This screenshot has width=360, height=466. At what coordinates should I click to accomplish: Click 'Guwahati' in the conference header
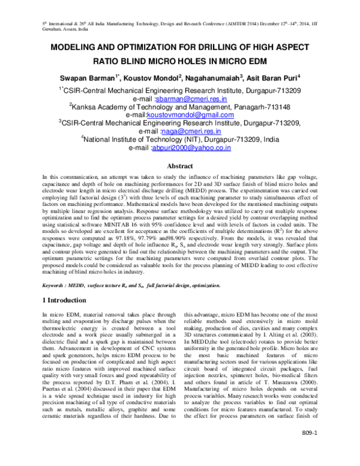coord(53,28)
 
